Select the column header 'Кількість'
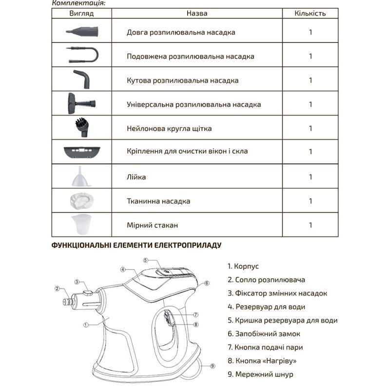pyautogui.click(x=311, y=14)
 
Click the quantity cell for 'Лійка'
pyautogui.click(x=311, y=177)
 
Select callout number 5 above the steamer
pyautogui.click(x=145, y=260)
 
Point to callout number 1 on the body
pyautogui.click(x=86, y=324)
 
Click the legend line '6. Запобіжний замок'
pyautogui.click(x=264, y=334)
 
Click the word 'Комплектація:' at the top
pyautogui.click(x=78, y=2)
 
